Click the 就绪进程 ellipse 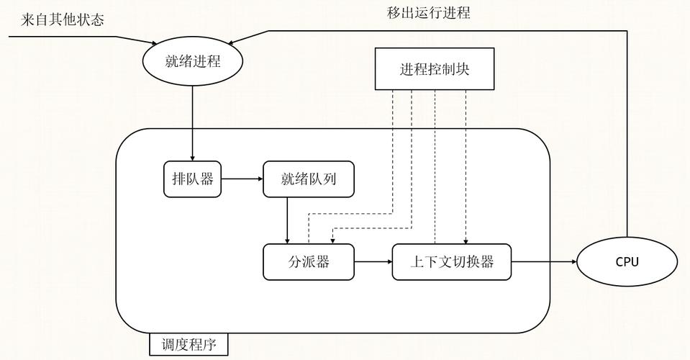[193, 61]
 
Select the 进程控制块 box [435, 69]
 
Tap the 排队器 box [192, 179]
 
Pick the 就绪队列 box [309, 179]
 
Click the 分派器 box [309, 262]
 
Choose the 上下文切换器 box [452, 262]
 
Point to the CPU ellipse [627, 262]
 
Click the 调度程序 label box [189, 344]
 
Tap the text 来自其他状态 [62, 20]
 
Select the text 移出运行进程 [429, 12]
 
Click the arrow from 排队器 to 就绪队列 [242, 179]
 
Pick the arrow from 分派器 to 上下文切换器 [373, 262]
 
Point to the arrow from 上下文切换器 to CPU [544, 262]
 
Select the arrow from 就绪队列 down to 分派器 [287, 220]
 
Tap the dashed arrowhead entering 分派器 [332, 240]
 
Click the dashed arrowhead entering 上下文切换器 [466, 240]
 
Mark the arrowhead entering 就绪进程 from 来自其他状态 [155, 43]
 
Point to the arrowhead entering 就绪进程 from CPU [231, 43]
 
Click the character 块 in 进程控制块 [463, 69]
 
